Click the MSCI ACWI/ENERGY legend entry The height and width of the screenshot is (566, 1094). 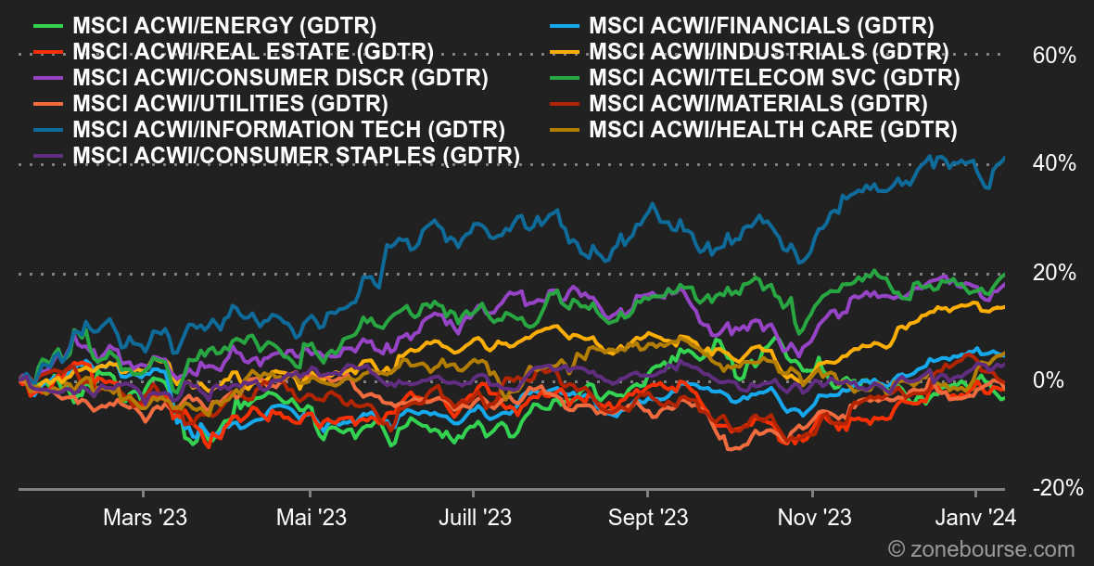point(206,27)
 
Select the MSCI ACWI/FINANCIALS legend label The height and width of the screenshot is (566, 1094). point(743,27)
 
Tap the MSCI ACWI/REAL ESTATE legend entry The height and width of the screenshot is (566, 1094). point(235,52)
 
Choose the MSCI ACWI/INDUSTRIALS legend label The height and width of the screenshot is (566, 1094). point(750,52)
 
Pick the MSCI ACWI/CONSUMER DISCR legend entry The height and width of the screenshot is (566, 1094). point(261,77)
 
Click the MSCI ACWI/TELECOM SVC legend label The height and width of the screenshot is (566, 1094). point(756,77)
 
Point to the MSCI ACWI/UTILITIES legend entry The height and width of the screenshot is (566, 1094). point(211,103)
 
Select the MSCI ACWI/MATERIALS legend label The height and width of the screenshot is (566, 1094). point(739,103)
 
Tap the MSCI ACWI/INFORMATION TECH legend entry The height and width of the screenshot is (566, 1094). point(270,129)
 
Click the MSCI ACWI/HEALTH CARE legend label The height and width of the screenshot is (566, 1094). point(754,129)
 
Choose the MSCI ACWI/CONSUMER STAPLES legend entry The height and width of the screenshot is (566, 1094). point(277,155)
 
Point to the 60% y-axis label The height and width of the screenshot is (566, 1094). point(1053,55)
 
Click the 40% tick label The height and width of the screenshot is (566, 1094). point(1053,163)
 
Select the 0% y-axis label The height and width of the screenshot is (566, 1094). point(1048,381)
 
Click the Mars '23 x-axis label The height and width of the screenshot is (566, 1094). point(146,518)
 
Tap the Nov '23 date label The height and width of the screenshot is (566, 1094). point(812,518)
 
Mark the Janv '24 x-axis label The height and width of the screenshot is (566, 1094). point(974,518)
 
